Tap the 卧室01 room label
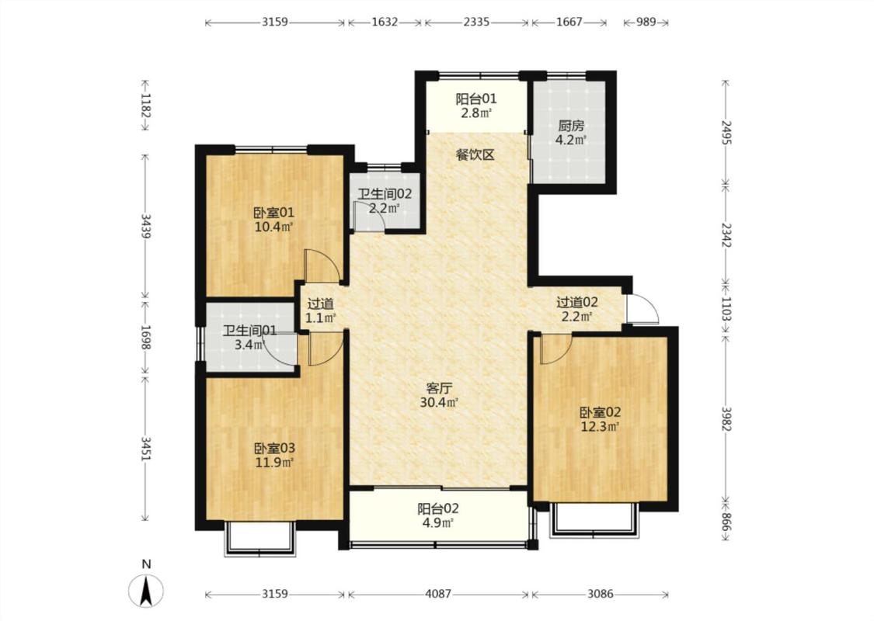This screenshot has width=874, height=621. (x=273, y=213)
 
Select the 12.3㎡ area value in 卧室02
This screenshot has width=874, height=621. (x=601, y=427)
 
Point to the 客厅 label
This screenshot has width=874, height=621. (x=439, y=388)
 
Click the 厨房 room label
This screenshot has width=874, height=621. (x=571, y=127)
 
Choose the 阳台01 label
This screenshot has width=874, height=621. (x=476, y=99)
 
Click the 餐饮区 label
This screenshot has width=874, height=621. (x=475, y=154)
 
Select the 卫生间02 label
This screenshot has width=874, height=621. (x=385, y=194)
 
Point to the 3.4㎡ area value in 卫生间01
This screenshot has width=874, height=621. (x=249, y=345)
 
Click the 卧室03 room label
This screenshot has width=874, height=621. (x=274, y=449)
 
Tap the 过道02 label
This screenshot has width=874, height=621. (x=577, y=303)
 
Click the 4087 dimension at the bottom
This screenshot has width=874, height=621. (x=438, y=594)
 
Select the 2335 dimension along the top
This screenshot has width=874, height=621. (x=476, y=22)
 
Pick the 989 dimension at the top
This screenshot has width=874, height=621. (x=646, y=22)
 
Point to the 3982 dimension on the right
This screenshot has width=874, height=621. (x=726, y=418)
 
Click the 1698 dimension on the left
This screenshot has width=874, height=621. (x=145, y=338)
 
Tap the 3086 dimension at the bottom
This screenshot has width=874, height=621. (x=601, y=594)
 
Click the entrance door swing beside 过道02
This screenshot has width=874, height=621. (x=642, y=308)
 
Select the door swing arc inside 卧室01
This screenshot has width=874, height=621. (x=322, y=266)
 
